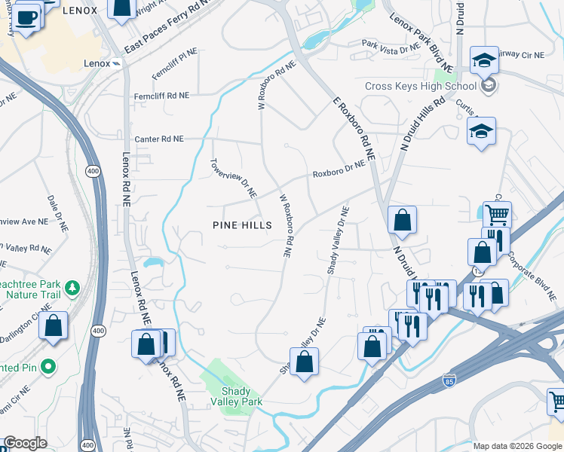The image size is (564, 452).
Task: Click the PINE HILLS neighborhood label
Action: pyautogui.click(x=242, y=225)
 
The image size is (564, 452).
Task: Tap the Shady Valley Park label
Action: pyautogui.click(x=241, y=396)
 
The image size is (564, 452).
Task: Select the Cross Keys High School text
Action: pyautogui.click(x=420, y=86)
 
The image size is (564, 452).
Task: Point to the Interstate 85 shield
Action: pyautogui.click(x=450, y=382)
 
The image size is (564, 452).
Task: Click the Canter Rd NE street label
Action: pyautogui.click(x=158, y=139)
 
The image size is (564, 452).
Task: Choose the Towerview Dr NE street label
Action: pyautogui.click(x=233, y=179)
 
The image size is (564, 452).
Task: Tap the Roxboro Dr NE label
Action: pyautogui.click(x=339, y=168)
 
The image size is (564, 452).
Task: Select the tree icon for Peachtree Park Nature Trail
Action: pyautogui.click(x=72, y=287)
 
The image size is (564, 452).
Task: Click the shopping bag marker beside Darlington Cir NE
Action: pyautogui.click(x=54, y=327)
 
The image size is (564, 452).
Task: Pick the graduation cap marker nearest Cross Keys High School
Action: pyautogui.click(x=483, y=60)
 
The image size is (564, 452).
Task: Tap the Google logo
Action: pyautogui.click(x=25, y=444)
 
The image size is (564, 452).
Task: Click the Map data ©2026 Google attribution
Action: pyautogui.click(x=516, y=446)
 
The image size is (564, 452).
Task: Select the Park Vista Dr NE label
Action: pyautogui.click(x=389, y=47)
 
